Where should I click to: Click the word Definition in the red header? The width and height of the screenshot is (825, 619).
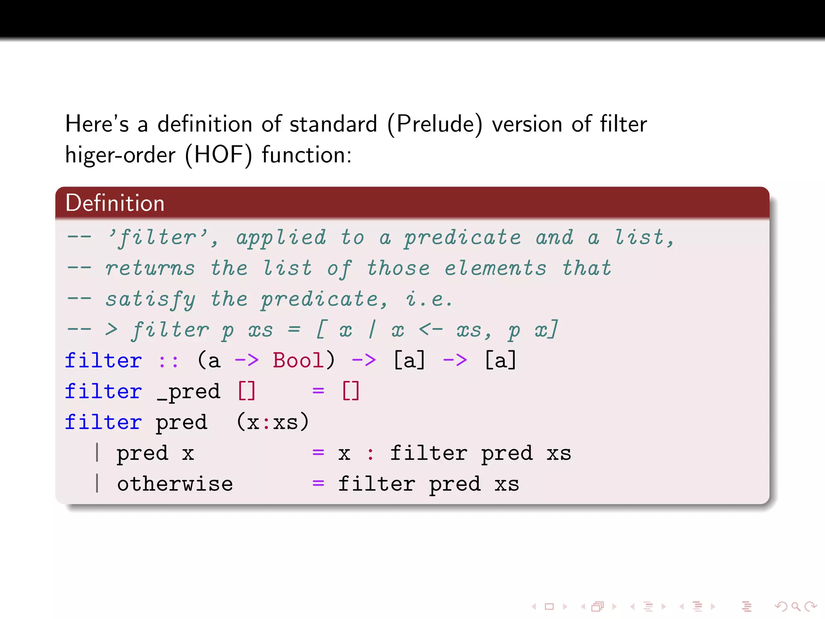point(115,203)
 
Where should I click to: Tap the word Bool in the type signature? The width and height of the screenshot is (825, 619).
point(298,360)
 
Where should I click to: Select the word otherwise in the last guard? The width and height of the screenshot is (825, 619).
point(175,484)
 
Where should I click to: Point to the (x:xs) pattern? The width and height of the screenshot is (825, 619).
point(273,422)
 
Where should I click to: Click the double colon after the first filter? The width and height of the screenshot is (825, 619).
point(168,361)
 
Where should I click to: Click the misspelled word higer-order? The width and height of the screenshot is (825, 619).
point(120,155)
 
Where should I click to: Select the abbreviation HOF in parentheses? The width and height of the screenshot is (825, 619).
point(218,155)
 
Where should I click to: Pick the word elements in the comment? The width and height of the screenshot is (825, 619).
point(495,268)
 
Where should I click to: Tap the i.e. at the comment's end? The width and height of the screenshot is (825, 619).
point(429,299)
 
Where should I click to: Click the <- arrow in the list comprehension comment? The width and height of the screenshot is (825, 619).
point(431,330)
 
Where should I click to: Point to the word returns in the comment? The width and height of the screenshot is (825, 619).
point(150,268)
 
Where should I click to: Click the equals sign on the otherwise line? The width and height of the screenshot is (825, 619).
point(318,483)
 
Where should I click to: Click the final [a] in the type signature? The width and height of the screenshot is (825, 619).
point(500,360)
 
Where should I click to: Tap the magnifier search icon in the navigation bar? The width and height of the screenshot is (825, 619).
point(795,606)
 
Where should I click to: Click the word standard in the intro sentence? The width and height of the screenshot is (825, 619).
point(333,124)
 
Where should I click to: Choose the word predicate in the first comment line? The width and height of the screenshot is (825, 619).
point(463,238)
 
